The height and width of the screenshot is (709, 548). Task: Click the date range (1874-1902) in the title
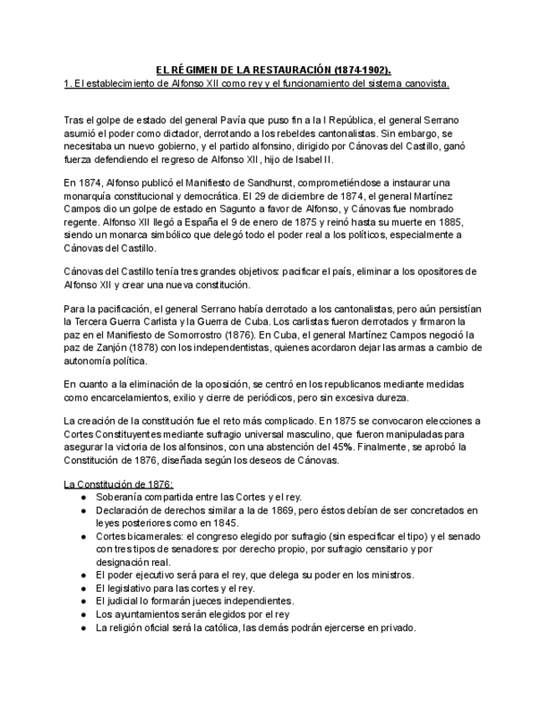[361, 70]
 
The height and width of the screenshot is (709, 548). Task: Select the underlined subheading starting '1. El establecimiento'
[257, 84]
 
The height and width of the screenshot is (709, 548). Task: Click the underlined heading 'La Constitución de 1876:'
[119, 484]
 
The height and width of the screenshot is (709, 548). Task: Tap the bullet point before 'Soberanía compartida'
[83, 497]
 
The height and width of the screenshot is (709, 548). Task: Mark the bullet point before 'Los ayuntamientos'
[83, 615]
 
